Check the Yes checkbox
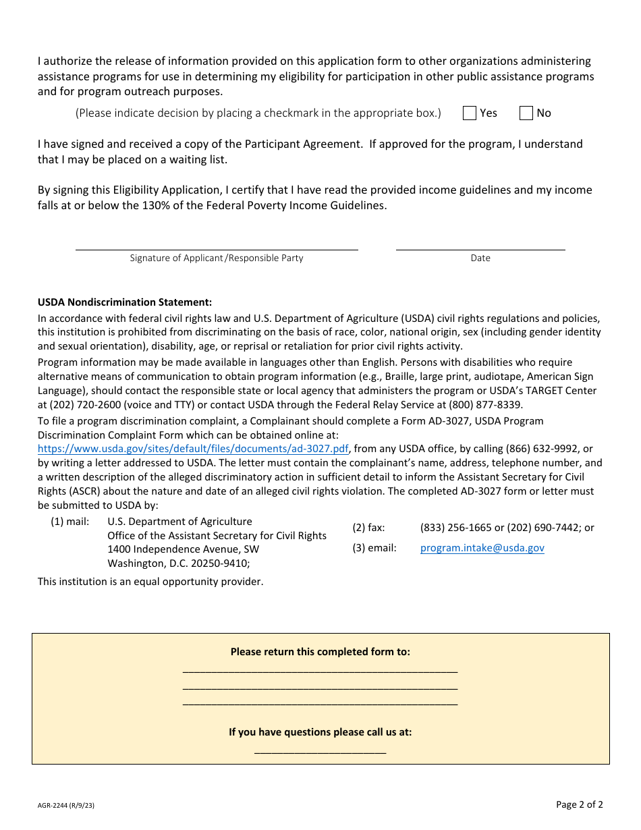pyautogui.click(x=470, y=113)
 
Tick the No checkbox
pyautogui.click(x=526, y=113)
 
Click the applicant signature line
pyautogui.click(x=216, y=244)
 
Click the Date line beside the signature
pyautogui.click(x=480, y=244)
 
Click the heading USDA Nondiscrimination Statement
pyautogui.click(x=125, y=302)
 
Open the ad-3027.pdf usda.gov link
pyautogui.click(x=193, y=449)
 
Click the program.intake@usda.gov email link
pyautogui.click(x=482, y=548)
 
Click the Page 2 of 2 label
pyautogui.click(x=579, y=804)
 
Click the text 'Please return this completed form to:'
pyautogui.click(x=320, y=652)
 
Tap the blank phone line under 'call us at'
pyautogui.click(x=320, y=749)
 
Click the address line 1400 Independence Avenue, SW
pyautogui.click(x=183, y=549)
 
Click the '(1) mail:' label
pyautogui.click(x=70, y=522)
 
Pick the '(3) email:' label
pyautogui.click(x=374, y=548)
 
